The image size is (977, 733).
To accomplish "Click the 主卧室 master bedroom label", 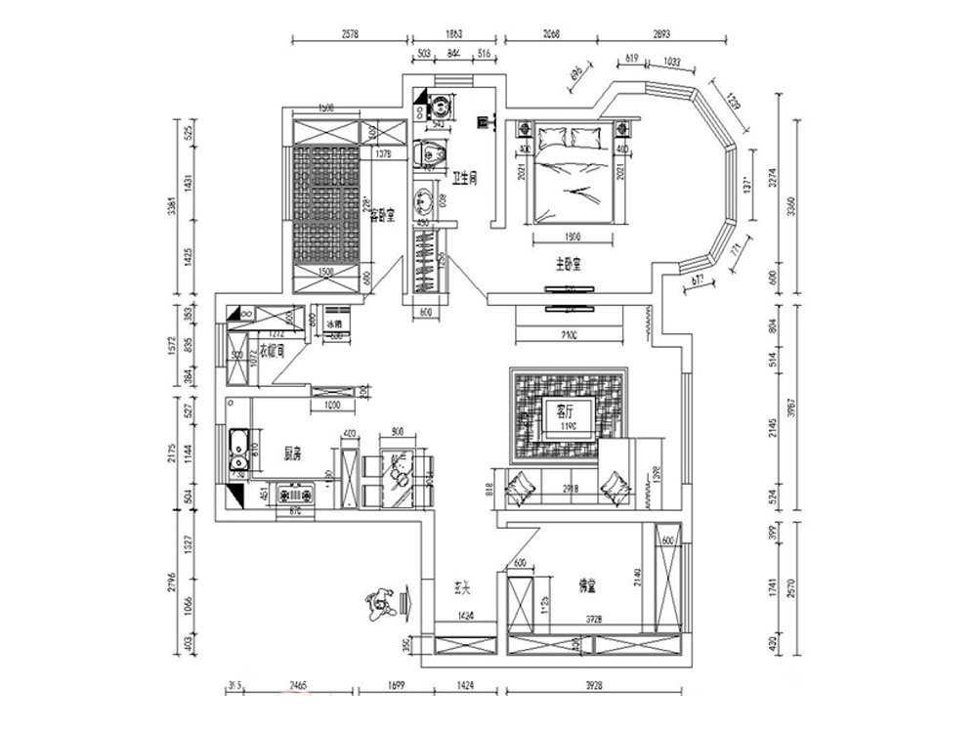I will coord(569,264).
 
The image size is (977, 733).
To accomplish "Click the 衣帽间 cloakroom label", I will coord(272,351).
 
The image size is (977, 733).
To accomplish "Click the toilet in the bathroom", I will coord(431,154).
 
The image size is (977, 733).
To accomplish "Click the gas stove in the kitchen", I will coord(298,496).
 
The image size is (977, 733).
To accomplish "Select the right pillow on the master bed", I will coord(587,137).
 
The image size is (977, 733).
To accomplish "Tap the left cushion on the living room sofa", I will coord(520,484).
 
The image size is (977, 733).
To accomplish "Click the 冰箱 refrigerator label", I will coord(335,323).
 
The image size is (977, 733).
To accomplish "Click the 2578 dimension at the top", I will coord(350,33).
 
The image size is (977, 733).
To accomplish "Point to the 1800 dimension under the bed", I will coord(573,237).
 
